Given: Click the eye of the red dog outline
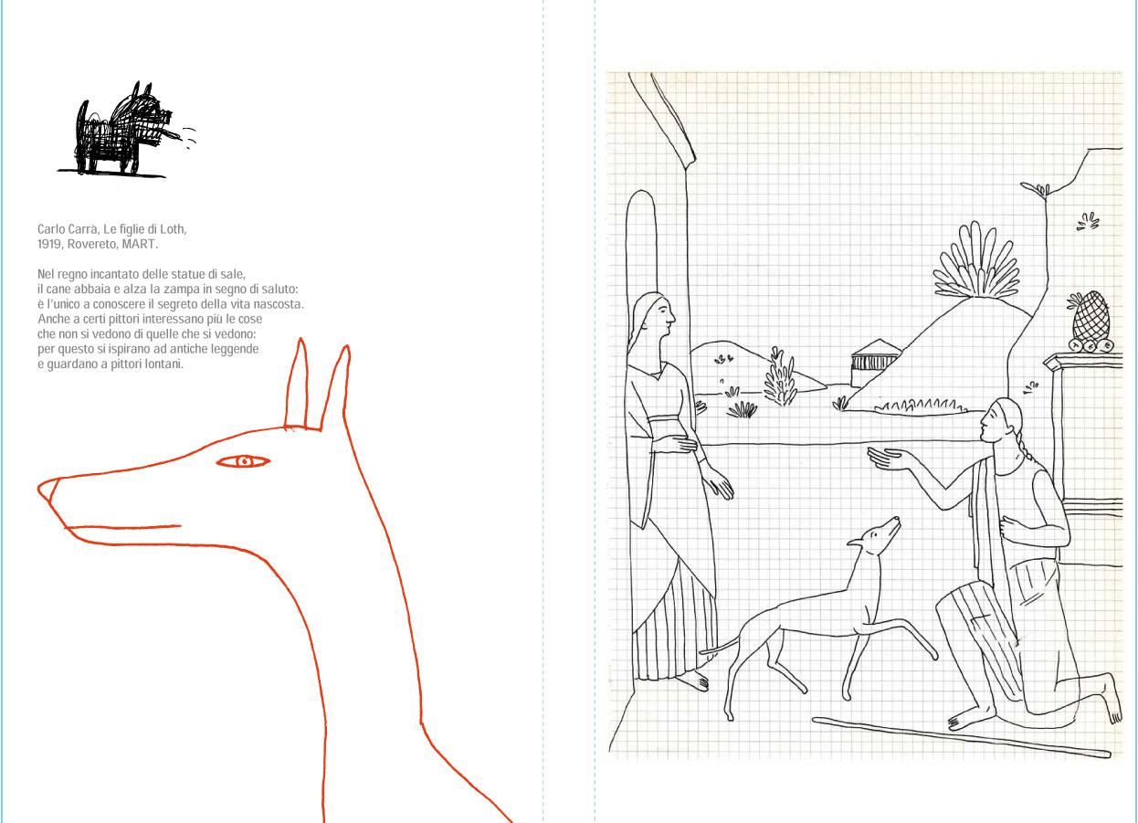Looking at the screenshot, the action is pyautogui.click(x=243, y=462).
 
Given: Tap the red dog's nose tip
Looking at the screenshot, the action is pyautogui.click(x=39, y=490).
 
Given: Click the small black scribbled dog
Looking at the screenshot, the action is pyautogui.click(x=124, y=130).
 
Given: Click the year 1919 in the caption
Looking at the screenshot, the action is pyautogui.click(x=48, y=245).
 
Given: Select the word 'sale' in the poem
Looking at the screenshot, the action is pyautogui.click(x=233, y=274).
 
